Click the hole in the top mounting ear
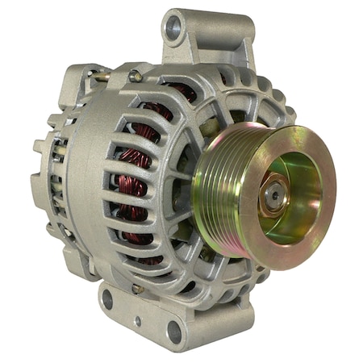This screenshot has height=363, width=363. [x=173, y=27]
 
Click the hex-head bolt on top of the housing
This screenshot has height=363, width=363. [x=136, y=76]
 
